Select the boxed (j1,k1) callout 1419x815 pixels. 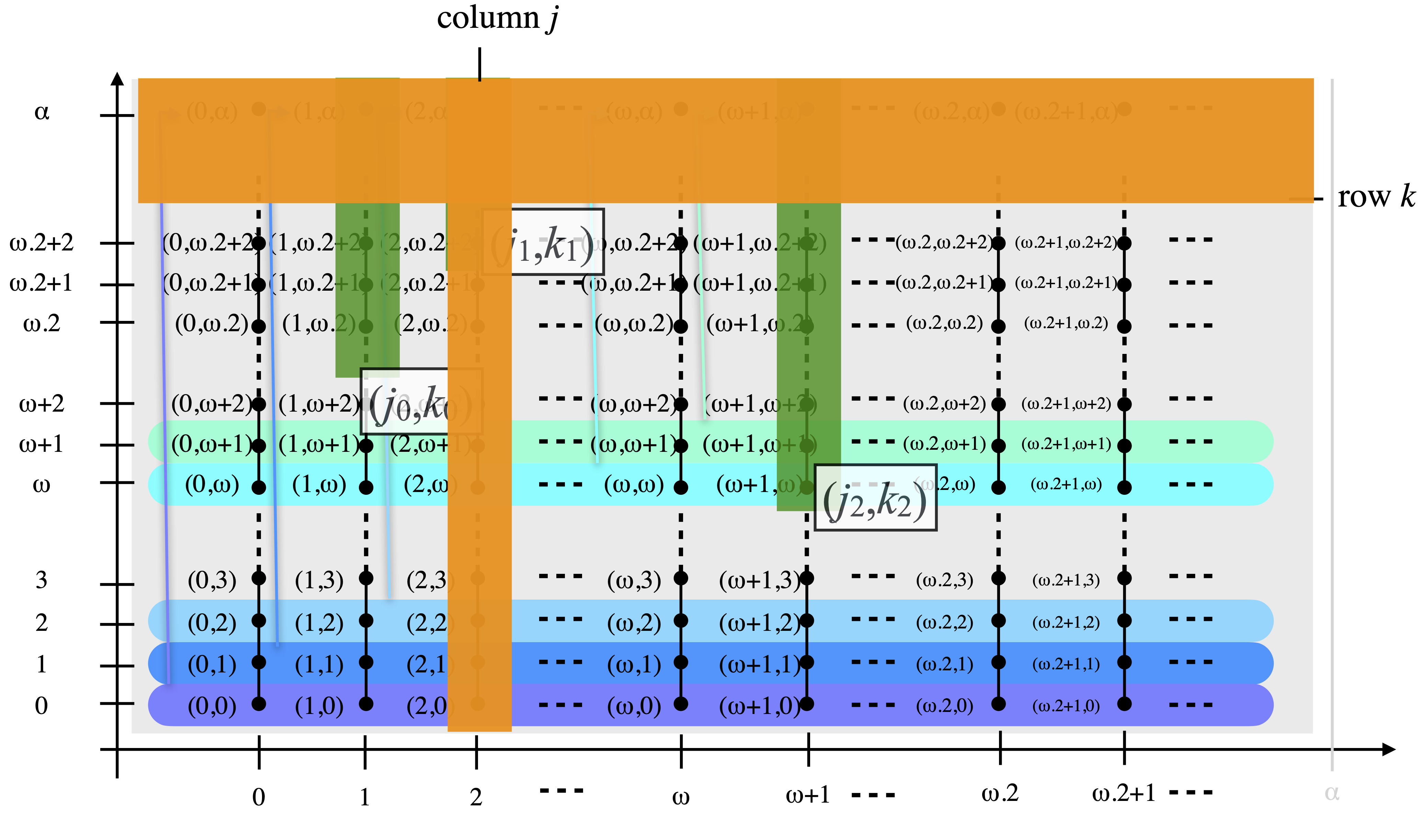click(x=543, y=242)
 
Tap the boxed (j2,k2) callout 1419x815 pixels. click(x=875, y=498)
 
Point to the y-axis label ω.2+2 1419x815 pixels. click(x=42, y=243)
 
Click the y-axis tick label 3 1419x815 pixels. click(x=42, y=580)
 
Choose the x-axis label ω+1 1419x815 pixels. click(x=808, y=795)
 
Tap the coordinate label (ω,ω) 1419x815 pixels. click(x=634, y=485)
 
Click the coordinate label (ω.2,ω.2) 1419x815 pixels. click(x=944, y=323)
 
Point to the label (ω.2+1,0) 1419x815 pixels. click(x=1066, y=706)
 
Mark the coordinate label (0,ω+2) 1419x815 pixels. click(x=212, y=404)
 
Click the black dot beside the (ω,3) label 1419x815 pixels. click(x=681, y=578)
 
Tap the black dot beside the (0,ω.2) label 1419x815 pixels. click(x=258, y=326)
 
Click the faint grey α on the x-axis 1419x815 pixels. click(x=1332, y=793)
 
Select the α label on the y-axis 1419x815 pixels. click(x=42, y=112)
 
